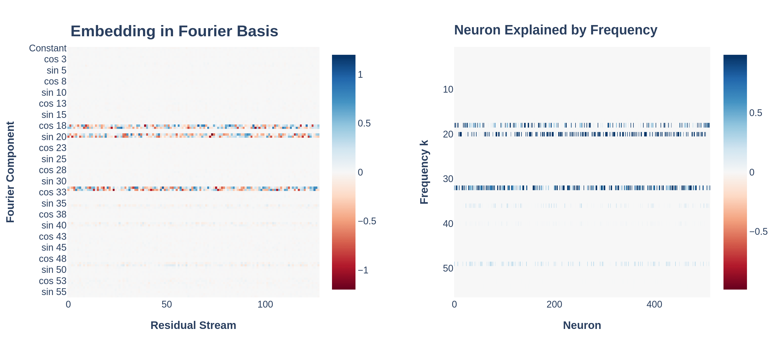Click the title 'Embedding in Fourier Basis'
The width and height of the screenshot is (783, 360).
click(174, 31)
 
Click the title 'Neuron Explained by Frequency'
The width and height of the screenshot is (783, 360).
click(555, 30)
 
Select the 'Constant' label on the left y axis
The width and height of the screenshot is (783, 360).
click(48, 48)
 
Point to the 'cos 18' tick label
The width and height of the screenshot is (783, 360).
click(52, 125)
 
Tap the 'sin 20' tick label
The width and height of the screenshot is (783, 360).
click(54, 137)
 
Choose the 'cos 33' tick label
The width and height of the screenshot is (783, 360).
click(52, 192)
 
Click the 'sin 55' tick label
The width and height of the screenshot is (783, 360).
click(54, 292)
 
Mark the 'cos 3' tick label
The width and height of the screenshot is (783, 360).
click(55, 59)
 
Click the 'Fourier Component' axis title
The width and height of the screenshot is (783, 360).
click(10, 172)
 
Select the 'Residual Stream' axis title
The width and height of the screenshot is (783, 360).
click(193, 325)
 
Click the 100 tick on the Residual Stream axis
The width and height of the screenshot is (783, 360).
click(265, 304)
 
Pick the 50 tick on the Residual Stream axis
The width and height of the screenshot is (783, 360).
click(167, 304)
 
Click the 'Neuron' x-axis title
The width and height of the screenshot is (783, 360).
click(582, 325)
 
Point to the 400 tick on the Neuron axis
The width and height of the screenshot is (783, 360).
click(654, 304)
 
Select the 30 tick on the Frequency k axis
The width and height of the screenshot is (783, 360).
click(448, 179)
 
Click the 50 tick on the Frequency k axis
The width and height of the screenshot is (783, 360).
click(448, 268)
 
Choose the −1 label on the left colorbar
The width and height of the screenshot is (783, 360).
click(363, 270)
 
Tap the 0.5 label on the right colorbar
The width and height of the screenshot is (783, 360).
click(755, 113)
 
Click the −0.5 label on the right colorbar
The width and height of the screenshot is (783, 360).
click(758, 231)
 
